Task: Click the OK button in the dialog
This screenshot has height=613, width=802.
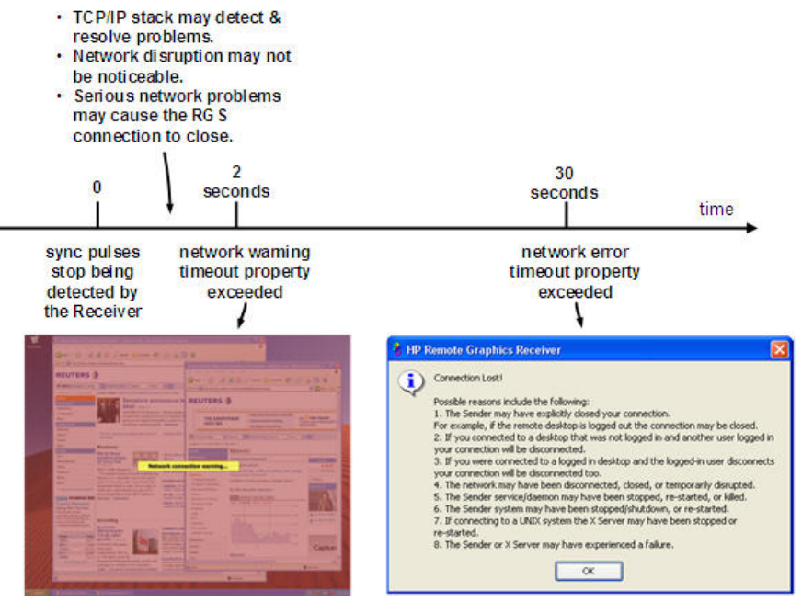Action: pyautogui.click(x=589, y=571)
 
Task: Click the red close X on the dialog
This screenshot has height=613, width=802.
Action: pyautogui.click(x=779, y=349)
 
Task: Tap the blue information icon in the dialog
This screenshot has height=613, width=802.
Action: pyautogui.click(x=413, y=381)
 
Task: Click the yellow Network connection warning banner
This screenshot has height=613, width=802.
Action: pyautogui.click(x=188, y=465)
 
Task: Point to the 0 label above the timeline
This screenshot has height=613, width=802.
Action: pyautogui.click(x=97, y=187)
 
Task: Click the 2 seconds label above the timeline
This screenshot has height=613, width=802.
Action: pyautogui.click(x=236, y=182)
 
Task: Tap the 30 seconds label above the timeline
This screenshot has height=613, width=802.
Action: pyautogui.click(x=565, y=183)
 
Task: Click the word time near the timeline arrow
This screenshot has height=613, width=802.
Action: pyautogui.click(x=716, y=209)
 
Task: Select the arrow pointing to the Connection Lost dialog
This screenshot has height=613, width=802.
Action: pyautogui.click(x=579, y=315)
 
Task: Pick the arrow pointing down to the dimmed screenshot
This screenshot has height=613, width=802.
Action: pyautogui.click(x=242, y=315)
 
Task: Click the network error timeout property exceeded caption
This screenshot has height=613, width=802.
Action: pyautogui.click(x=575, y=272)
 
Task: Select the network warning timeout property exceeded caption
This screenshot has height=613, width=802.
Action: pyautogui.click(x=244, y=272)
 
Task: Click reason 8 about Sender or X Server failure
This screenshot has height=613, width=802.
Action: pyautogui.click(x=554, y=544)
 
